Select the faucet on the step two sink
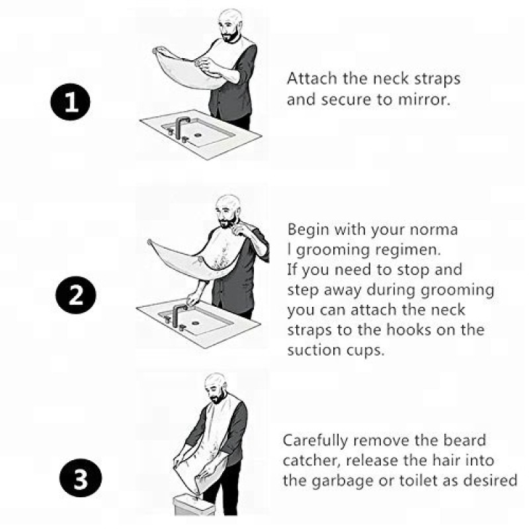pyautogui.click(x=178, y=310)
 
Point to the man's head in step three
pyautogui.click(x=214, y=387)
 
